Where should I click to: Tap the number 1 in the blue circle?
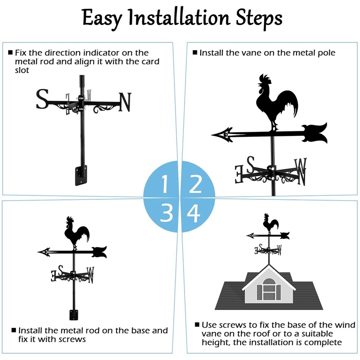point(165,185)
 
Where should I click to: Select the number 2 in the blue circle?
point(195,184)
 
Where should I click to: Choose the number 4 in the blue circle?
point(194,213)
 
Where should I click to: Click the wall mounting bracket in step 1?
point(81,175)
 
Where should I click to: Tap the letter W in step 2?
point(300,170)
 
